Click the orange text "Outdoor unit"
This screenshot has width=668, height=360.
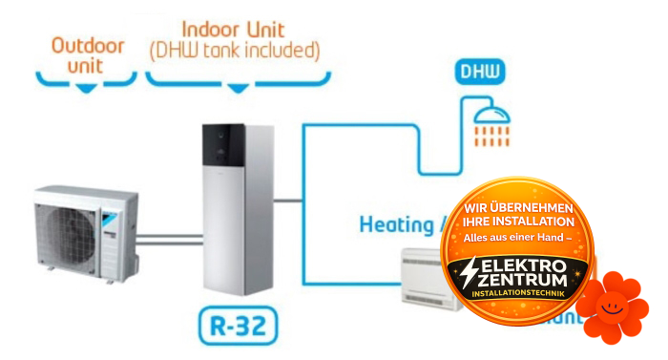pyautogui.click(x=87, y=54)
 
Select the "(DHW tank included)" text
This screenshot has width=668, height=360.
pyautogui.click(x=235, y=48)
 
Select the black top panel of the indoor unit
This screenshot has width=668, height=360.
pyautogui.click(x=228, y=158)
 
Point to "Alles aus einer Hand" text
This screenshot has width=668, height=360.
pyautogui.click(x=517, y=236)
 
